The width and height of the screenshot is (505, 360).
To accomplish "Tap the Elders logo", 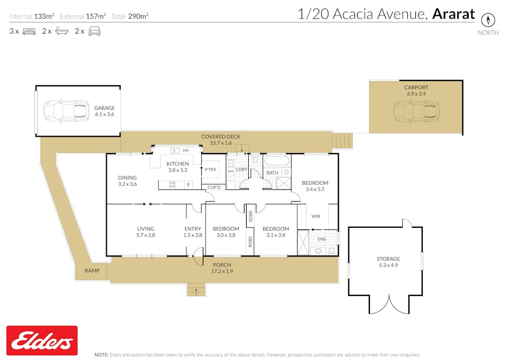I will (x=42, y=340).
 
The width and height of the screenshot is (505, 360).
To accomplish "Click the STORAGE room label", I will (x=388, y=260).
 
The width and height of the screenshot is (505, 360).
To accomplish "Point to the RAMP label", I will (x=92, y=271).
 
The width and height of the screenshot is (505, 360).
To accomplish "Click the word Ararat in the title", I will (x=453, y=14).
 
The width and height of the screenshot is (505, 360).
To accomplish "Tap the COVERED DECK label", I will (x=220, y=137).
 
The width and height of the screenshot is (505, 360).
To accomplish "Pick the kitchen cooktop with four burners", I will (x=172, y=185).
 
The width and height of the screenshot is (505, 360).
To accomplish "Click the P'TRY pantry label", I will (x=210, y=170).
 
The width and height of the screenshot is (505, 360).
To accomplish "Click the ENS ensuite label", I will (x=321, y=239).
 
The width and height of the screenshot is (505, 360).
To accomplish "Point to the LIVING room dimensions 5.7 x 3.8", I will (x=145, y=235).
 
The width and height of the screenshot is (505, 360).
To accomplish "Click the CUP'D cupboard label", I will (x=215, y=187).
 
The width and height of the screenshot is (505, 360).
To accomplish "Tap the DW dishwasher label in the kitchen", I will (x=185, y=151).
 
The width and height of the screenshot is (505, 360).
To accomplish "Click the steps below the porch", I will (x=196, y=290).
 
